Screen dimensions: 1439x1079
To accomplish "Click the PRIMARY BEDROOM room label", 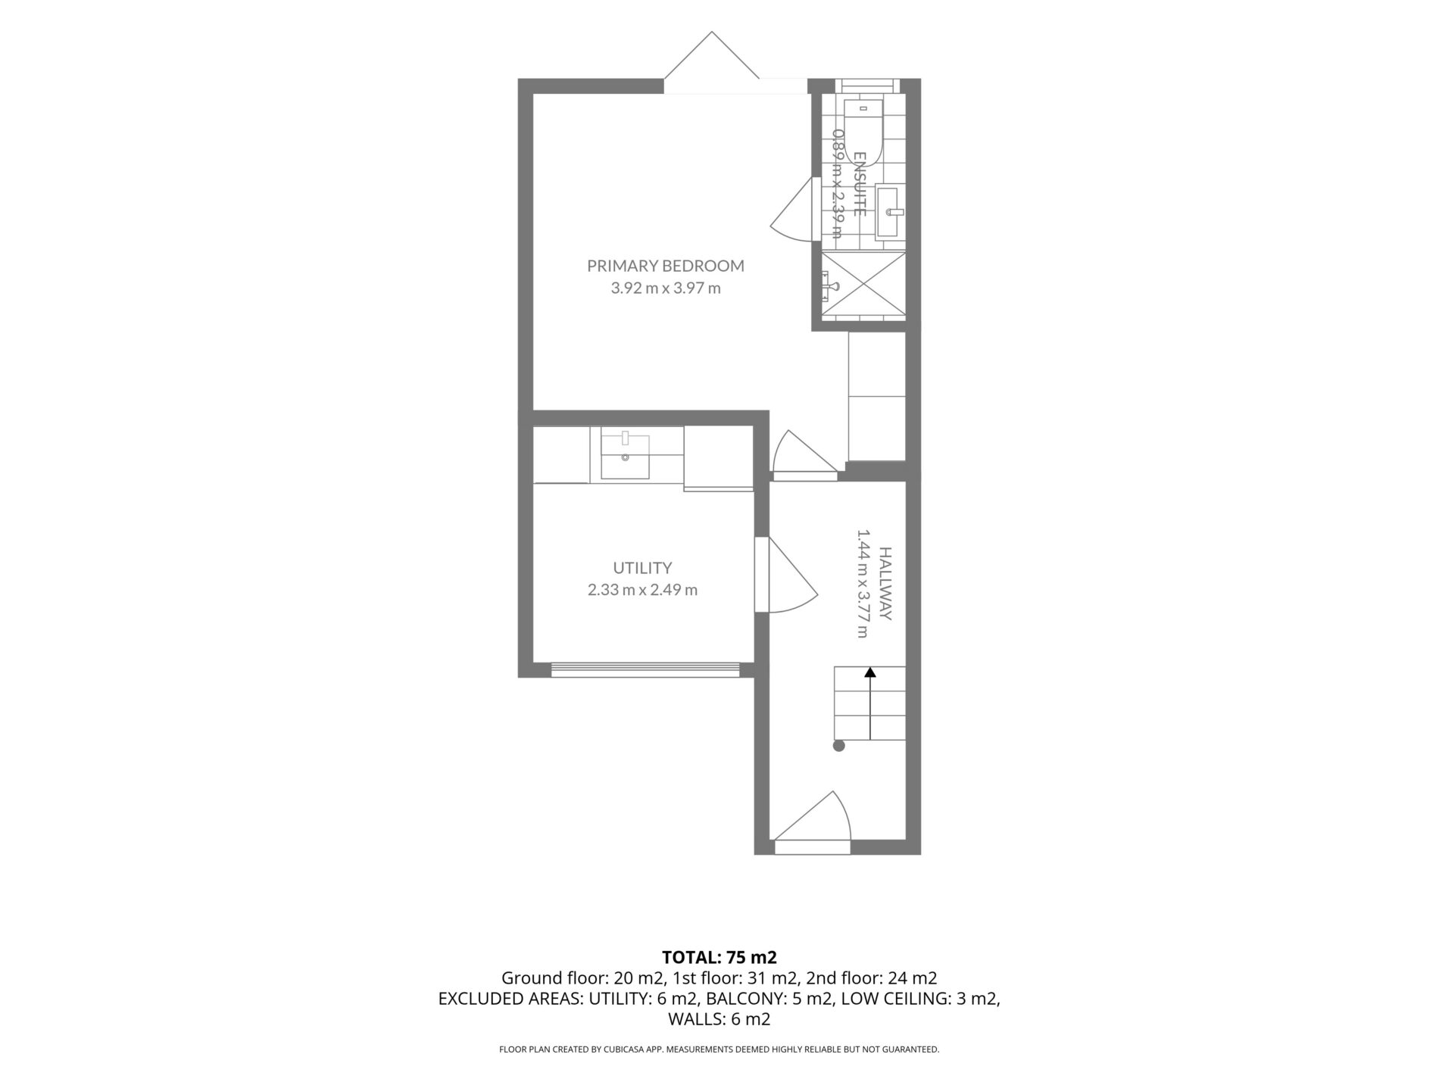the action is [x=666, y=266].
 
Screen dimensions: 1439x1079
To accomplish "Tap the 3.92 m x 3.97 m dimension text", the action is [x=666, y=288].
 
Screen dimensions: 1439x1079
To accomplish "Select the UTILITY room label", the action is [x=642, y=568].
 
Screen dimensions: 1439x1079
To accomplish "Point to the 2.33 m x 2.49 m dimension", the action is [x=642, y=589].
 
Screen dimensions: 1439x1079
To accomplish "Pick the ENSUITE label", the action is [x=860, y=184].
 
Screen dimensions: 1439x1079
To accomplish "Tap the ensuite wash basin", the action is [x=891, y=212].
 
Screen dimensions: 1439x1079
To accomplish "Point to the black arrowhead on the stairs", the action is [x=870, y=671].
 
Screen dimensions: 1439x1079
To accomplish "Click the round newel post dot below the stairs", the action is [x=838, y=746].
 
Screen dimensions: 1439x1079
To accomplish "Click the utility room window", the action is [x=646, y=669].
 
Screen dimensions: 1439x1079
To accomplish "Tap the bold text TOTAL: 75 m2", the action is [x=719, y=956].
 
